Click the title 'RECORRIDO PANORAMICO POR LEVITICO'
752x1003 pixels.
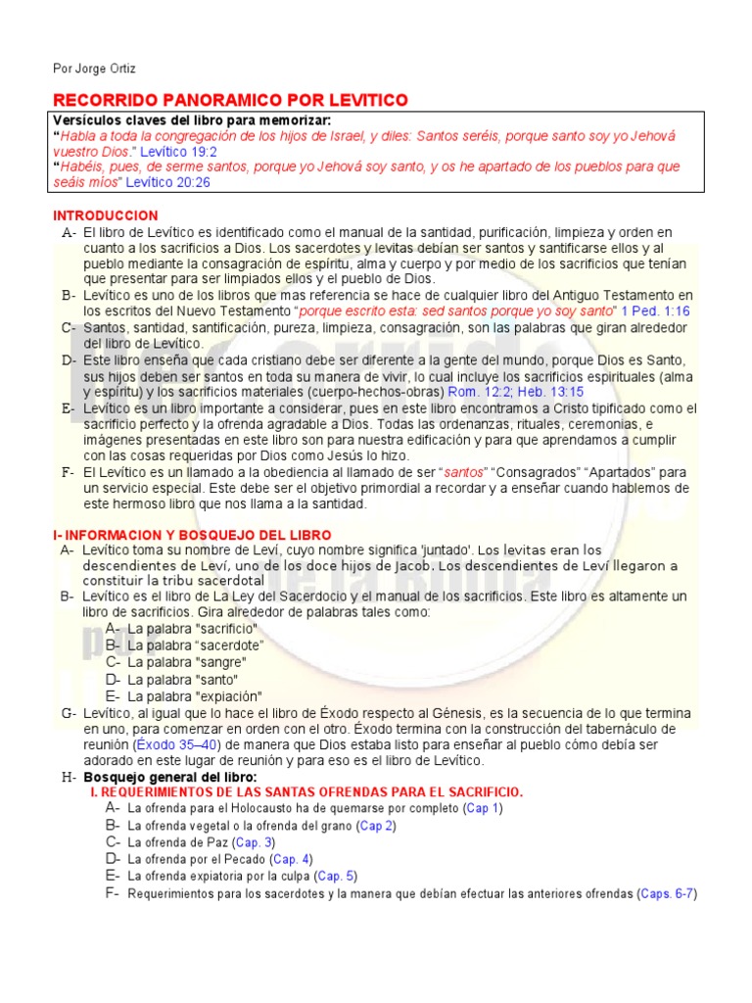[x=230, y=101]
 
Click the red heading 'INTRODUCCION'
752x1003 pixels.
[x=105, y=215]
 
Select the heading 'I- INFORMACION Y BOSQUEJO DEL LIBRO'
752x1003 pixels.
[x=191, y=535]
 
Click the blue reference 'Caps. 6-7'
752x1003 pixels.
[x=667, y=893]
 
